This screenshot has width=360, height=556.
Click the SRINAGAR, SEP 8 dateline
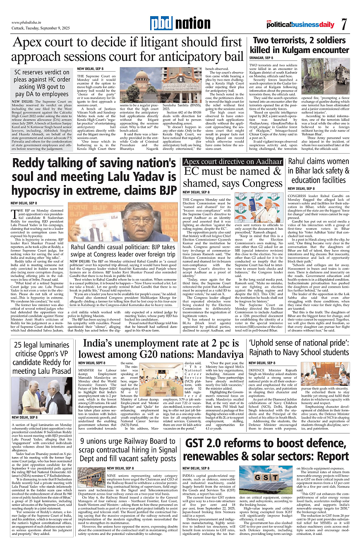click(x=261, y=59)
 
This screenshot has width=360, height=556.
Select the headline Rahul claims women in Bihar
click(x=319, y=171)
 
